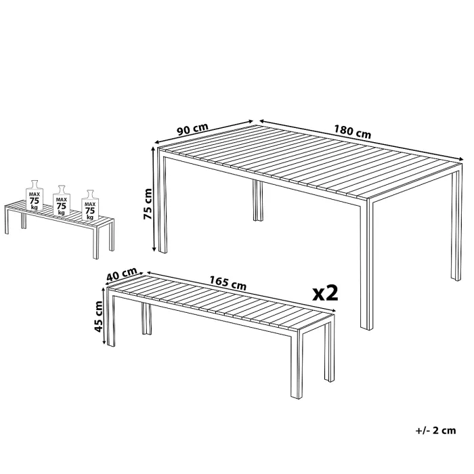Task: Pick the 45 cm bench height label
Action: click(99, 317)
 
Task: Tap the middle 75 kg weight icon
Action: click(62, 200)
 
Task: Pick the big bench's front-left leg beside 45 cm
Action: click(112, 322)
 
